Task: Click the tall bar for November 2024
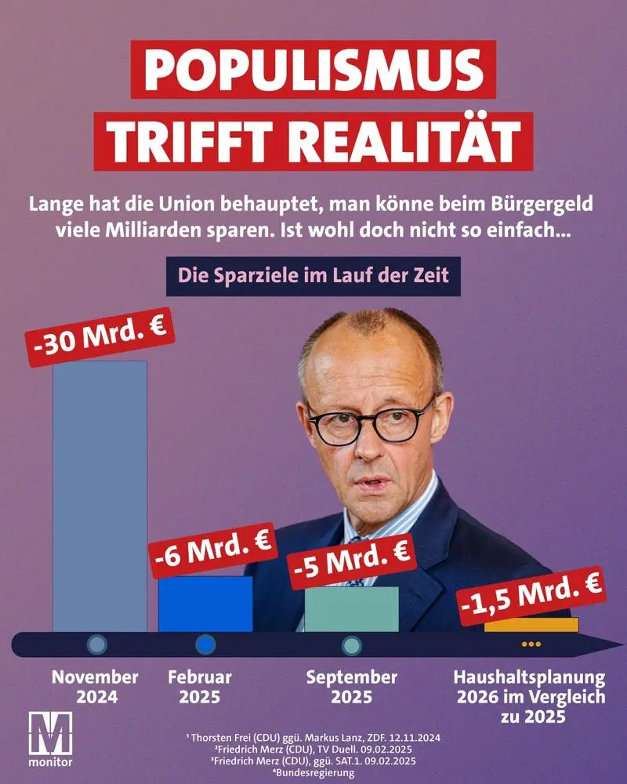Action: pos(100,494)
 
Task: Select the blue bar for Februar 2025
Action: pos(205,604)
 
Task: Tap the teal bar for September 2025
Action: pos(351,608)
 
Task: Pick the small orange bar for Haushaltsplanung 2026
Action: pos(531,625)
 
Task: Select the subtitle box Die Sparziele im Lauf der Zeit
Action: pos(313,277)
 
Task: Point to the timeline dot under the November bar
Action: pos(97,644)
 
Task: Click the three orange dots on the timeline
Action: pos(531,644)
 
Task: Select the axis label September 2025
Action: pos(352,687)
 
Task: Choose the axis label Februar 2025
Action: pos(200,687)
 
